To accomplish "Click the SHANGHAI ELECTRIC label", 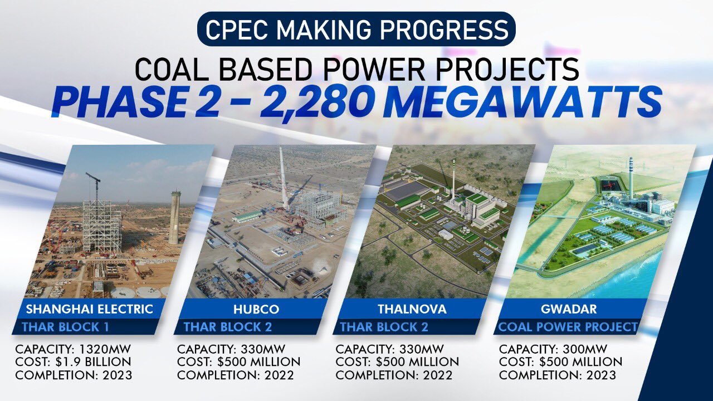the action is point(90,309).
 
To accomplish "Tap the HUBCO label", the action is point(256,309).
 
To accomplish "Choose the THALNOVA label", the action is point(412,309).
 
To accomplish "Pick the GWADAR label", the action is point(569,309).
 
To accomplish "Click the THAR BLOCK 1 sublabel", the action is point(66,327).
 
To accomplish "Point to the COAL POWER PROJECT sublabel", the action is point(568,327).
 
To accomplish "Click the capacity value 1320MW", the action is point(105,349).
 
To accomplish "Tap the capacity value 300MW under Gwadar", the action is point(585,349).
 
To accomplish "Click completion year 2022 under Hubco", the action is point(279,375).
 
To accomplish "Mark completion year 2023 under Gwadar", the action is point(601,375).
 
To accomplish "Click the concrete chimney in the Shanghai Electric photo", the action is point(175,218).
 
